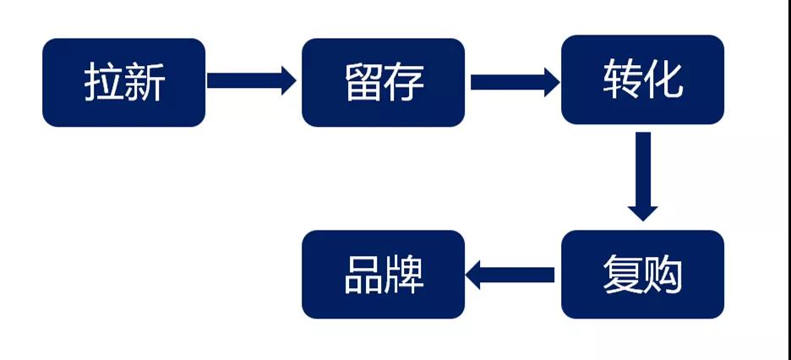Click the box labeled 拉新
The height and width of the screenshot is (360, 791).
click(x=123, y=82)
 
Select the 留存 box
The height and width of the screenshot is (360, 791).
click(x=383, y=82)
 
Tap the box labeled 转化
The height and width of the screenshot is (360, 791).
click(x=642, y=79)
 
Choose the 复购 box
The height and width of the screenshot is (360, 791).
click(x=642, y=274)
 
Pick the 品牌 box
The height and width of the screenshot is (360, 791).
click(x=383, y=274)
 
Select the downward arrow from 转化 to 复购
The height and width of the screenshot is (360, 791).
click(x=643, y=176)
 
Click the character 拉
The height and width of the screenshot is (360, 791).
click(x=103, y=83)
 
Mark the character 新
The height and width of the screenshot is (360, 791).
click(x=145, y=83)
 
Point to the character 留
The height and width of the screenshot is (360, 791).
click(x=363, y=83)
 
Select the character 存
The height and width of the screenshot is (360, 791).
click(x=404, y=83)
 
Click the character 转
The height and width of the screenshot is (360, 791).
click(x=623, y=80)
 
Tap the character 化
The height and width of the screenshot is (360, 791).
click(x=663, y=80)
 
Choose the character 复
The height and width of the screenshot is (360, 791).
click(x=622, y=275)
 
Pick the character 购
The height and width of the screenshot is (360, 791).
click(x=663, y=275)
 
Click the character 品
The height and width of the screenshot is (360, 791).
click(x=363, y=275)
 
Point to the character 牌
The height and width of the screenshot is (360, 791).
click(x=404, y=275)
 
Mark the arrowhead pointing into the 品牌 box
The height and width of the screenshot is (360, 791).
click(x=475, y=275)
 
